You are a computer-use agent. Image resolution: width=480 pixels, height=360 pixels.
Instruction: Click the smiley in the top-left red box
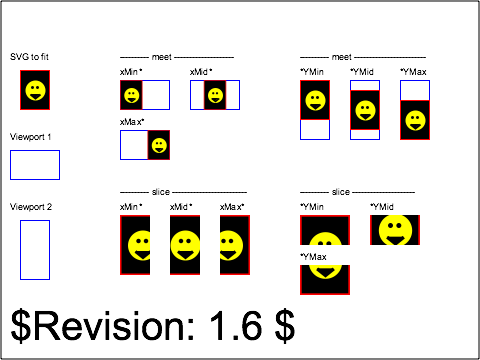coord(35,90)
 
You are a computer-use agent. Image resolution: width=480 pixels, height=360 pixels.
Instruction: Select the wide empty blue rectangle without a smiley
coord(35,165)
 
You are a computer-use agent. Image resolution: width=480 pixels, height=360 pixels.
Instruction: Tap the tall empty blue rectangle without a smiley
coord(35,250)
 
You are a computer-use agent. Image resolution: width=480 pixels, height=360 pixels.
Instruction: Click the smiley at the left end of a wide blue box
coord(131,95)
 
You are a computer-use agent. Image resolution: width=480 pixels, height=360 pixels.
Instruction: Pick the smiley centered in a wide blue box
coord(215,95)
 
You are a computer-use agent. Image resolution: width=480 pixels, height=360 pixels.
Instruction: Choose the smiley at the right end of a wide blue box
coord(159,145)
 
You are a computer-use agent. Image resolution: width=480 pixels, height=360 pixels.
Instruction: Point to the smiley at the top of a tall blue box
coord(315,100)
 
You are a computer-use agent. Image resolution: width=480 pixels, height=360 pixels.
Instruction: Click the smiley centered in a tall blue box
coord(365,110)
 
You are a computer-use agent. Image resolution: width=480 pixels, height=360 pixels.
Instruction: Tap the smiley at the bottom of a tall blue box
coord(415,120)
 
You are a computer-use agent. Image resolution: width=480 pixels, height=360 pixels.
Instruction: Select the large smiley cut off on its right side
coord(140,245)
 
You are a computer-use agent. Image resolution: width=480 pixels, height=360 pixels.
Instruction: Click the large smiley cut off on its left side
coord(230,245)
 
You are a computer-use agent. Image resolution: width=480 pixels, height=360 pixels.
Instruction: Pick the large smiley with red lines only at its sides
coord(395,229)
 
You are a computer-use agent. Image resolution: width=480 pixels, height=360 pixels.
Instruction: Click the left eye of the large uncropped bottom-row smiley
coord(178,239)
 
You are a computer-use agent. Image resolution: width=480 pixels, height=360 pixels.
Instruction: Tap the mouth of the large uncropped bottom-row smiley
coord(185,254)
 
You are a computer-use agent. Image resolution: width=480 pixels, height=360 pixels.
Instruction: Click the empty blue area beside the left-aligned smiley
coord(156,95)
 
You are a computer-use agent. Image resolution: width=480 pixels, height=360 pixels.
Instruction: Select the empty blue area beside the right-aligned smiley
coord(134,145)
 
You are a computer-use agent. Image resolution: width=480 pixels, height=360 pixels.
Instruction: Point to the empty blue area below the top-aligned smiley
coord(315,130)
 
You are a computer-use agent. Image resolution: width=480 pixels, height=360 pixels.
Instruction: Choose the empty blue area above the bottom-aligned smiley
coord(415,90)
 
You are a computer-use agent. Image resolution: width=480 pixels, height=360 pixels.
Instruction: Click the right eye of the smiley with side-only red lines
coord(403,222)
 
